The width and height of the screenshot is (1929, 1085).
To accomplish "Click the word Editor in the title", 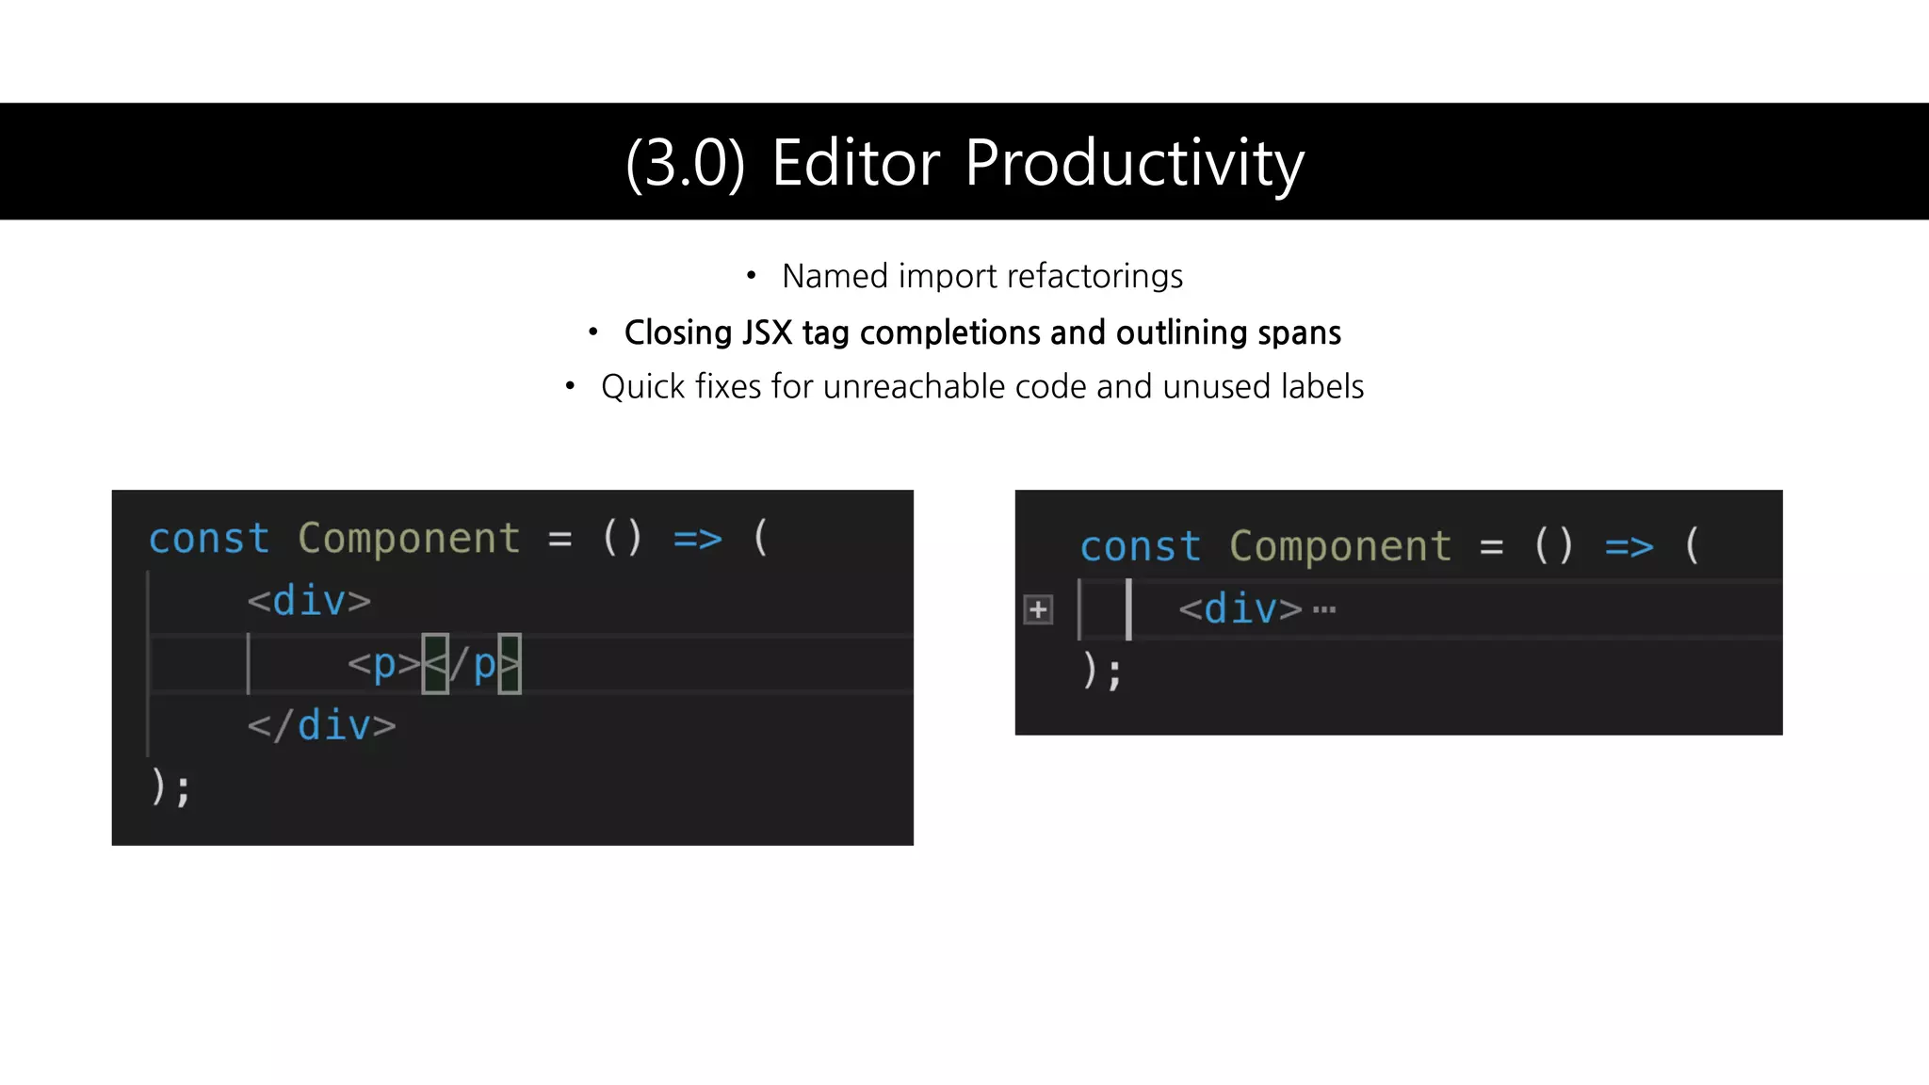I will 855,163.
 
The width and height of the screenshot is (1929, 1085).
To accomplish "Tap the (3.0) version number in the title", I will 685,164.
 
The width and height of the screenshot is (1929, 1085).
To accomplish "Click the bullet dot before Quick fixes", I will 570,386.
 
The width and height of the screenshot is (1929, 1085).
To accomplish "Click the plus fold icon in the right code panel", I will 1038,610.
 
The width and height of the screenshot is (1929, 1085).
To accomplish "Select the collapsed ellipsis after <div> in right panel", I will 1324,609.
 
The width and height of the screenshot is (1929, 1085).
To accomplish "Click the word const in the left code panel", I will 209,540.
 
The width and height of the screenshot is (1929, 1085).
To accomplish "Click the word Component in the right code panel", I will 1339,547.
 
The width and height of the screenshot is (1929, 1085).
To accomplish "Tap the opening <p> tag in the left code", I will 384,665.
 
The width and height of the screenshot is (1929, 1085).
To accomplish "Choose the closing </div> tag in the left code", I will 321,726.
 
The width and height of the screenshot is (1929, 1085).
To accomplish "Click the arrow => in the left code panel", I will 697,540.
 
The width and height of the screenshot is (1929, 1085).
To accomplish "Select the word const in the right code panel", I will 1140,547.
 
